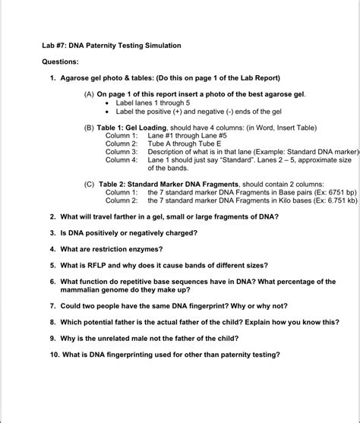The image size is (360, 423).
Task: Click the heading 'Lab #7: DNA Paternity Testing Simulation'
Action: click(x=111, y=46)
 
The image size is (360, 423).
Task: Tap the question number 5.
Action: click(x=53, y=266)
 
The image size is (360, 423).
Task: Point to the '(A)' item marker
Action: click(x=90, y=94)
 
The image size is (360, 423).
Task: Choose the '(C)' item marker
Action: click(x=90, y=184)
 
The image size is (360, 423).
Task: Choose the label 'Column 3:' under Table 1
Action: click(x=122, y=152)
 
